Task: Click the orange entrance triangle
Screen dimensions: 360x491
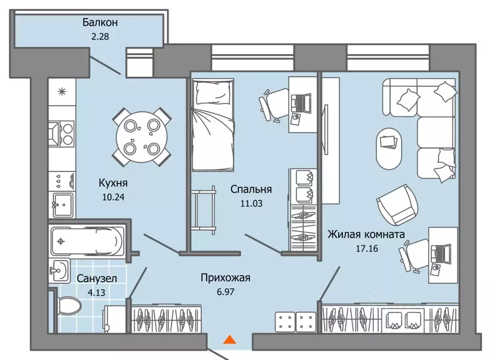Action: click(x=230, y=340)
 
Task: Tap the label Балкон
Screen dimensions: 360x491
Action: click(x=100, y=22)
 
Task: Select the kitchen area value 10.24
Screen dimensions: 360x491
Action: click(x=113, y=196)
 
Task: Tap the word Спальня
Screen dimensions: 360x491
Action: click(x=251, y=189)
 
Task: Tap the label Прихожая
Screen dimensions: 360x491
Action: click(x=225, y=278)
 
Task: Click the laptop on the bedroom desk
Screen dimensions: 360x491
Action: click(x=301, y=102)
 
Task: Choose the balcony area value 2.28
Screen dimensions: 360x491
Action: click(x=99, y=36)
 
